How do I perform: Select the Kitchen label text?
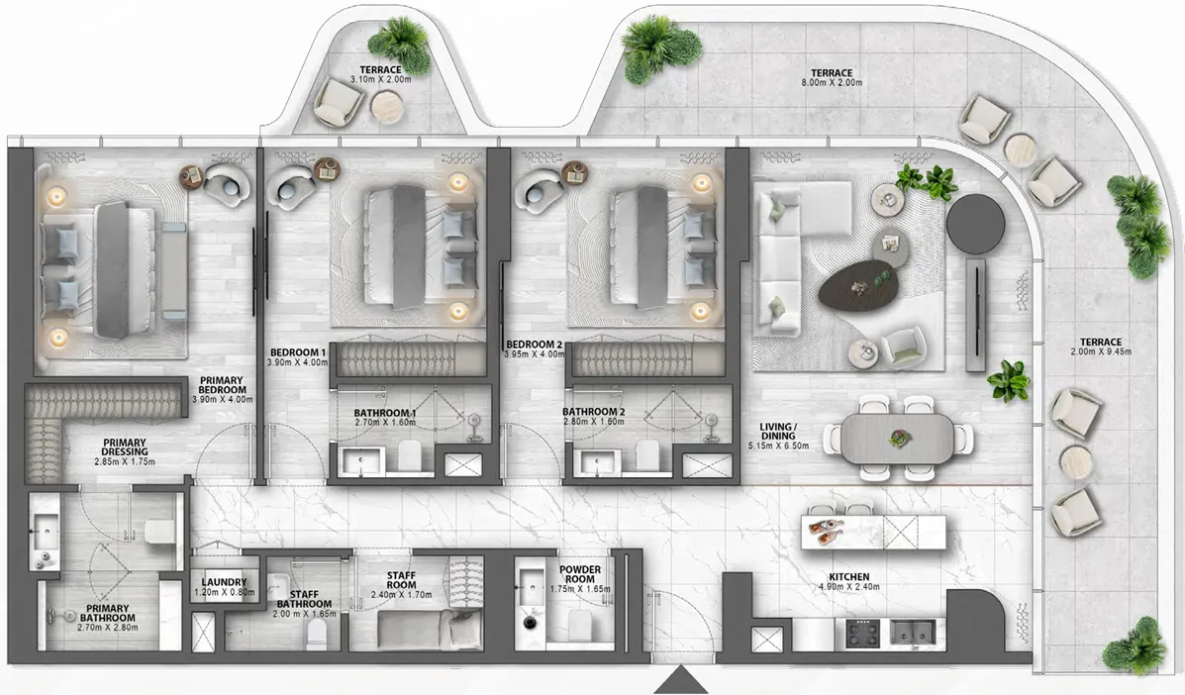849,576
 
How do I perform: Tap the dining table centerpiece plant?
898,436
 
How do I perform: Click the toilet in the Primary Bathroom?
159,533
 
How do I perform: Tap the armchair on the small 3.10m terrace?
339,100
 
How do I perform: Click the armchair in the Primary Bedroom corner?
227,184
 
